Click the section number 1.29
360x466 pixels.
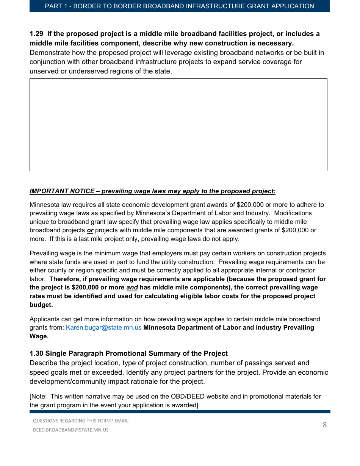coord(36,34)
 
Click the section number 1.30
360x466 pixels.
coord(36,353)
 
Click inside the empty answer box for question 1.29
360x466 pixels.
coord(178,125)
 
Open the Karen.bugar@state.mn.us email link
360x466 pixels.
coord(103,328)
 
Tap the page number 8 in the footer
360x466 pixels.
coord(324,425)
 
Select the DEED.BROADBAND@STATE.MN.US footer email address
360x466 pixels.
coord(70,430)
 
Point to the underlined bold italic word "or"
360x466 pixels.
coord(90,230)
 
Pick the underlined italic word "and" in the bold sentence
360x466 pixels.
coord(132,288)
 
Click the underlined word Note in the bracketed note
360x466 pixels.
coord(38,397)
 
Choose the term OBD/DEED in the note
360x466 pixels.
coord(190,397)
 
